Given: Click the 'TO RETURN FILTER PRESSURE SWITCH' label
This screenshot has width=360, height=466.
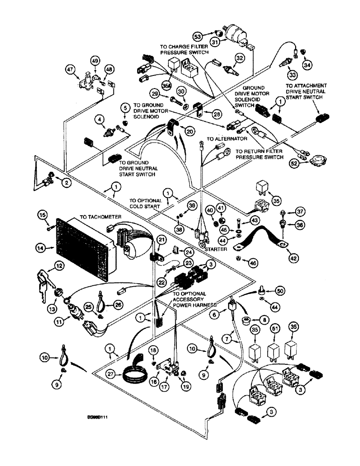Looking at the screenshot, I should pyautogui.click(x=260, y=154).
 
